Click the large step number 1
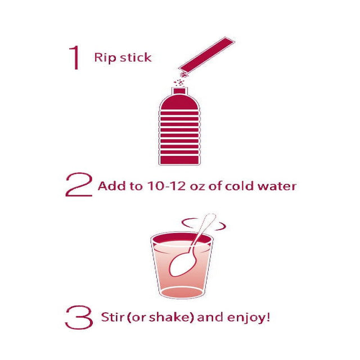coord(75,57)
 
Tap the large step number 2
coord(79,184)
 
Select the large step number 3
coord(79,317)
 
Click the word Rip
coord(104,57)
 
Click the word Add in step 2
coord(112,186)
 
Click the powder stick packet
coord(206,54)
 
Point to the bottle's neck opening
coord(179,91)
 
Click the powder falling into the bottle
coord(181,79)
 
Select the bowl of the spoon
coord(182,264)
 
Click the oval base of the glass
coord(182,292)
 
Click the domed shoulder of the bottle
coord(179,102)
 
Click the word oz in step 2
coord(197,187)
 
